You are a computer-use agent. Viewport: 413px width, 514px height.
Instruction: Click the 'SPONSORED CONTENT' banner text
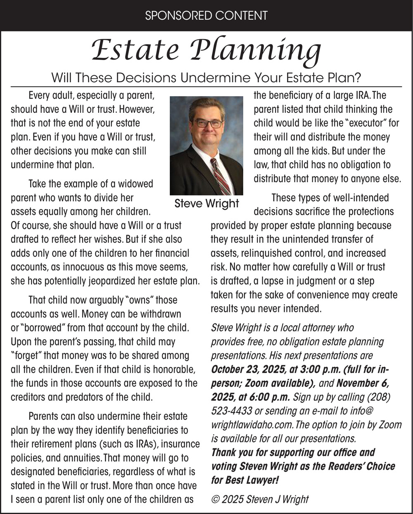206,15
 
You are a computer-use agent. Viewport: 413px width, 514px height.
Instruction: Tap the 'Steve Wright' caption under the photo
206,203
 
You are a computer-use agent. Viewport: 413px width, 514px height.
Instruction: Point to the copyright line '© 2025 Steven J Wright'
260,499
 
